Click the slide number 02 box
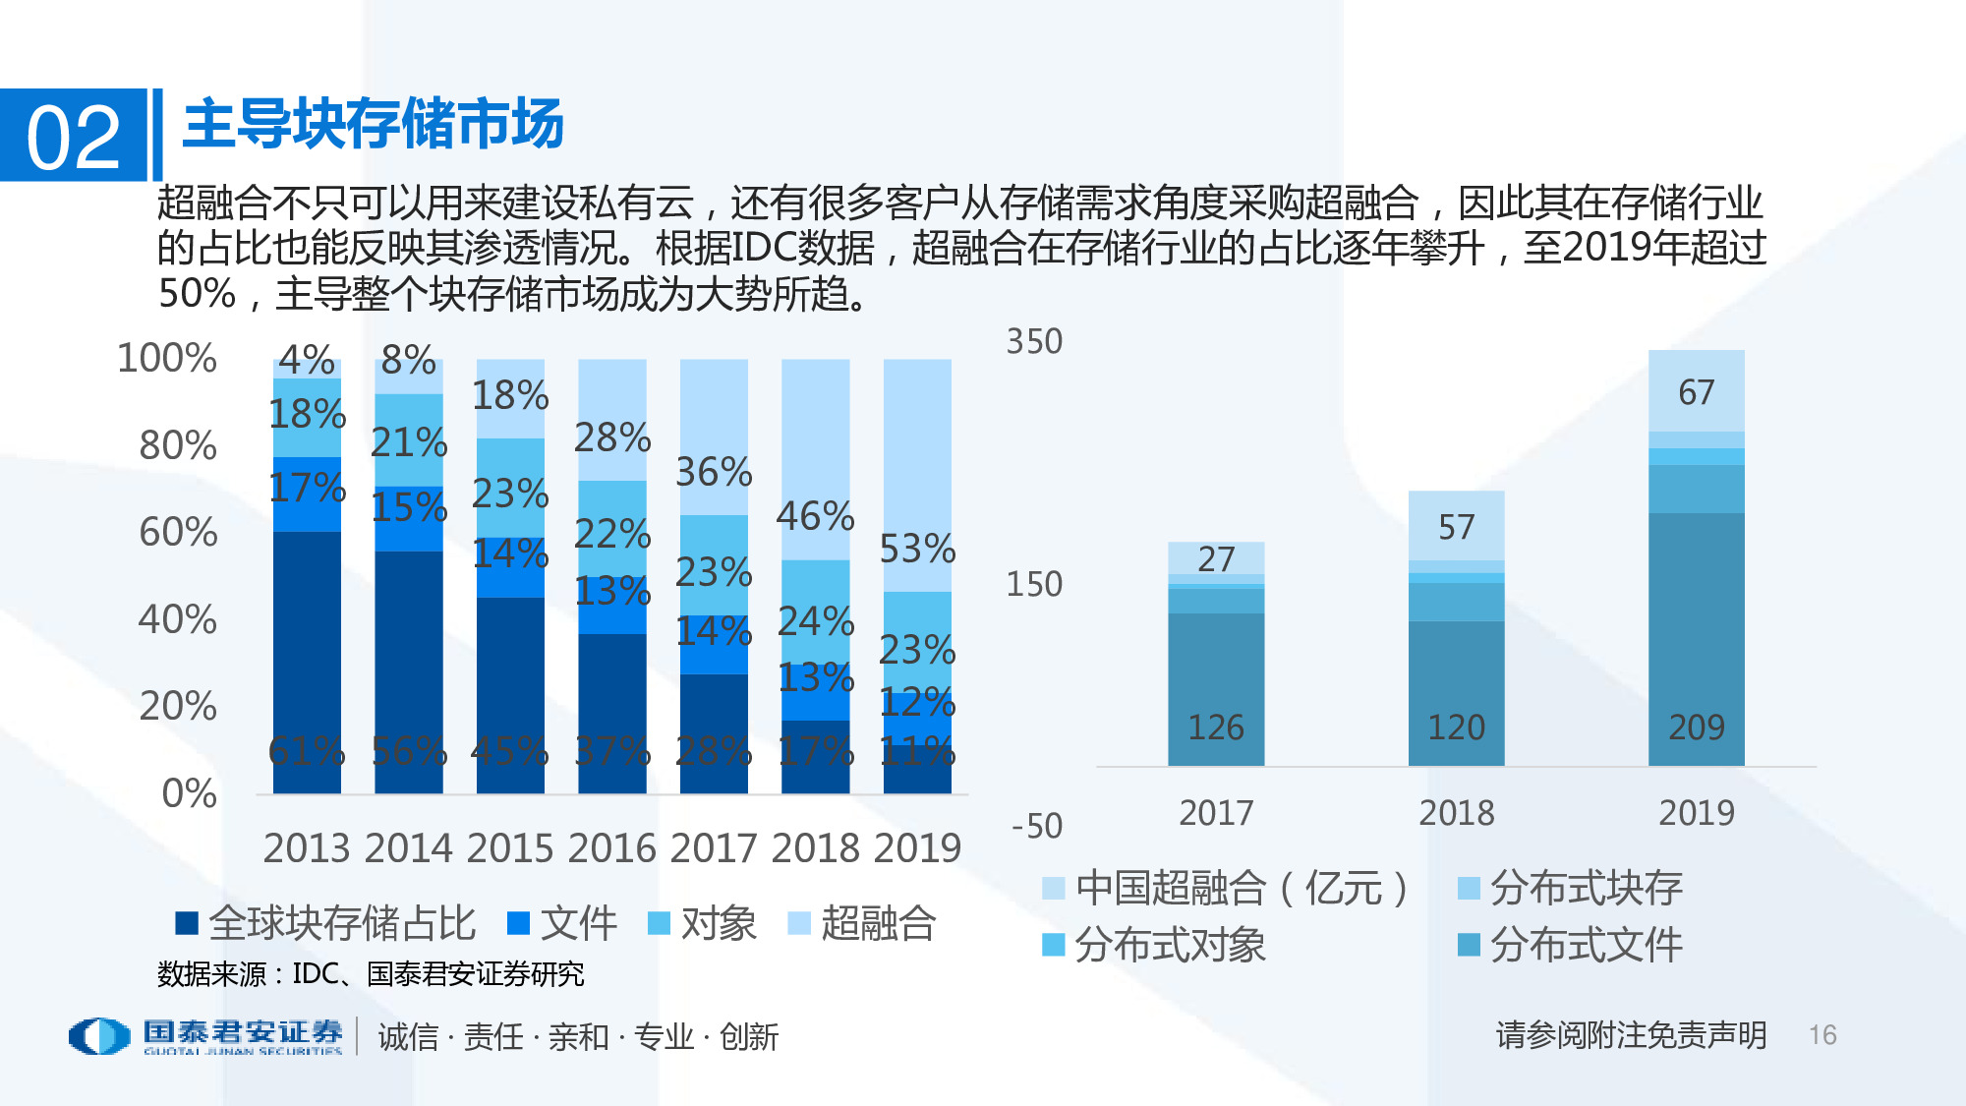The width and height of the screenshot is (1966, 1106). (73, 136)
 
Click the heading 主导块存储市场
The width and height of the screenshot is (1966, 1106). (373, 124)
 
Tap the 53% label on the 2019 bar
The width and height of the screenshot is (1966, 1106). (916, 549)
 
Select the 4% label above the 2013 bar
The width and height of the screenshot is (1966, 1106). (306, 360)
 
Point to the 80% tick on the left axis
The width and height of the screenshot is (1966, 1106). (177, 445)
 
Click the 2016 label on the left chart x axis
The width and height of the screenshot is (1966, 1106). (611, 847)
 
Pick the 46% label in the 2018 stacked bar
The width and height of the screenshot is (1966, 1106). (815, 516)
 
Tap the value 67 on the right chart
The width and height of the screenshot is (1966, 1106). (1696, 392)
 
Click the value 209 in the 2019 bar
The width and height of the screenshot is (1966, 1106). (1696, 728)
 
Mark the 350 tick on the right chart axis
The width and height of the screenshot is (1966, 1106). (1033, 342)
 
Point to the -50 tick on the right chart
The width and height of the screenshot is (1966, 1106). (1036, 826)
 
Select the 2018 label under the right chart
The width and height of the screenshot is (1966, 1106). (1456, 813)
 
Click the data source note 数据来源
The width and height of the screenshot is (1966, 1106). (370, 974)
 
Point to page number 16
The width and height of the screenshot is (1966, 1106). (1821, 1035)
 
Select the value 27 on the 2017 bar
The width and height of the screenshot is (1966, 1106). (1216, 559)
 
